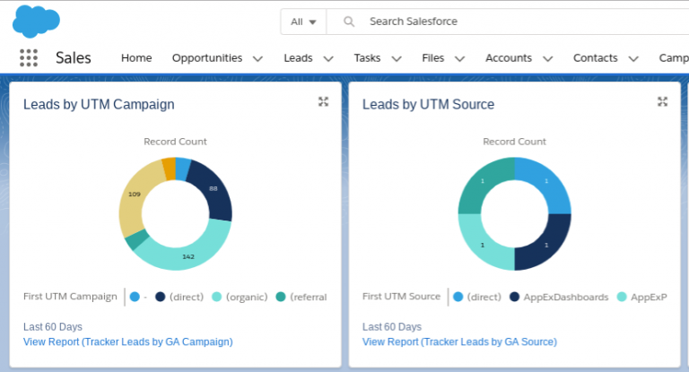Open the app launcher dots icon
29,58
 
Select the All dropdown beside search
303,21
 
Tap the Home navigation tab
136,58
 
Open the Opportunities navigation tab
207,58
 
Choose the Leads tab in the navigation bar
298,58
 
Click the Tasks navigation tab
367,58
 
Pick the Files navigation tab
433,58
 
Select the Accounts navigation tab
509,58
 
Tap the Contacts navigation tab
596,58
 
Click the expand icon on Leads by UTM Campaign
324,102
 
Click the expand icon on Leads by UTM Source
663,102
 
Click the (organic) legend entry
241,297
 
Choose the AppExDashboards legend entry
566,297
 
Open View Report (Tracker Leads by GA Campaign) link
127,342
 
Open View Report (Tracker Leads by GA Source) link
459,342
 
